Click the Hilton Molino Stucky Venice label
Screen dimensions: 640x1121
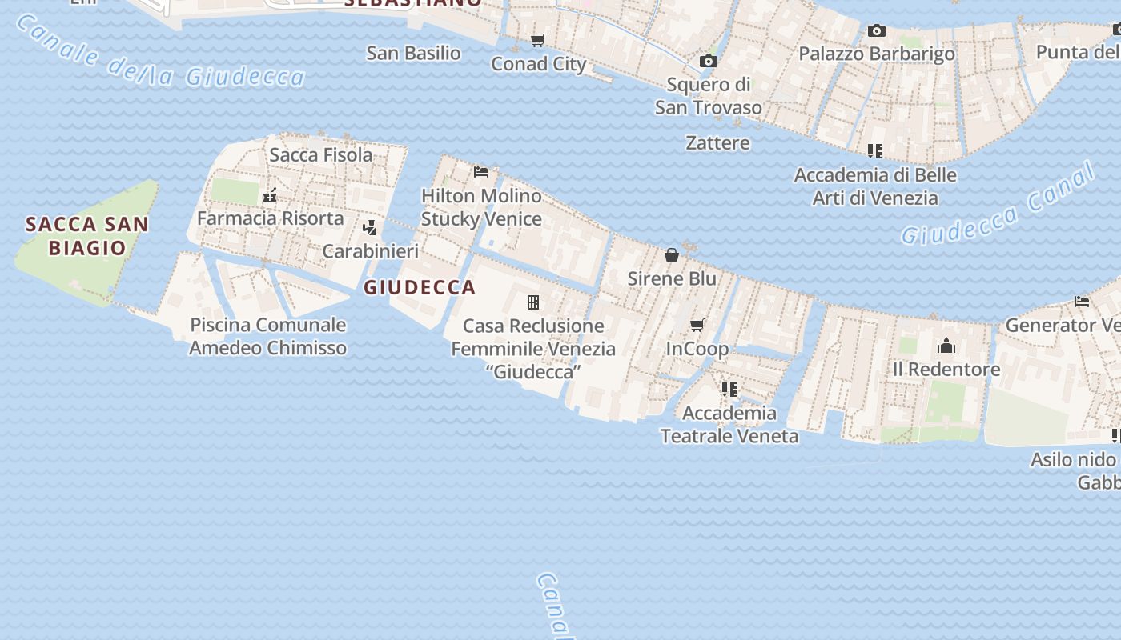481,207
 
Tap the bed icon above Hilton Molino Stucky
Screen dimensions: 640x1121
481,171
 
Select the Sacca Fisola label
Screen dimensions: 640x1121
320,154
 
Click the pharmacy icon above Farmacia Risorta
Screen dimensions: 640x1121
270,194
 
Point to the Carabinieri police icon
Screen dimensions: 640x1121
369,227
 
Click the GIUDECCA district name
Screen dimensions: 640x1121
420,287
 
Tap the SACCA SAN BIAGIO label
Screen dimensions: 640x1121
86,235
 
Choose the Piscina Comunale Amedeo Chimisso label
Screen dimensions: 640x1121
267,336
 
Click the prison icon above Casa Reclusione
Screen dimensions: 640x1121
532,302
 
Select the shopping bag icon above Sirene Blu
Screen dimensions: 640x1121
672,255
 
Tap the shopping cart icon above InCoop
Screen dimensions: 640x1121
697,325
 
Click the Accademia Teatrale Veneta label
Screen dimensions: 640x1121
729,424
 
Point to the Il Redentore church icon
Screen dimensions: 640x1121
946,346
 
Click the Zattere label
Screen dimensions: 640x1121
717,142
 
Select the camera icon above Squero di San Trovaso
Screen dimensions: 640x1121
708,61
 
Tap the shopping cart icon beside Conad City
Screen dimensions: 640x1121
538,40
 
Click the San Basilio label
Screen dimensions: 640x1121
413,53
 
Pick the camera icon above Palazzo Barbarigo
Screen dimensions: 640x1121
877,30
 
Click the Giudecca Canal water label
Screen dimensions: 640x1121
997,206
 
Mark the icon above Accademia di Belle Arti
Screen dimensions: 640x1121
874,150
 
